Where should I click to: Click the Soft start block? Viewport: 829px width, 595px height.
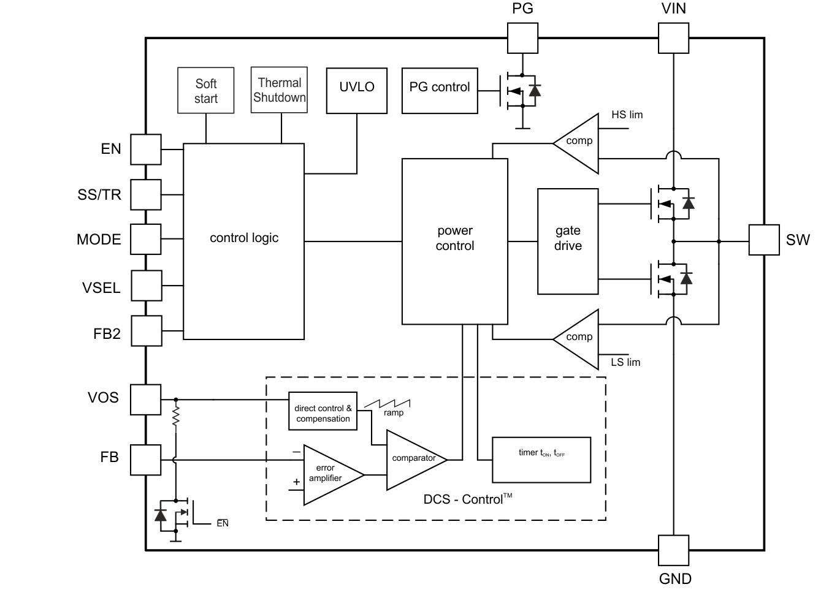point(205,90)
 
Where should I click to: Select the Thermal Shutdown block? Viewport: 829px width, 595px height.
point(279,90)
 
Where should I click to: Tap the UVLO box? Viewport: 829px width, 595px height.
point(356,90)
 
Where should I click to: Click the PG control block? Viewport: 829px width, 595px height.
point(439,90)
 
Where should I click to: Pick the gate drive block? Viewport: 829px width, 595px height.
point(567,241)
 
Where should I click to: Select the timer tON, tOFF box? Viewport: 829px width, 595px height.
point(541,460)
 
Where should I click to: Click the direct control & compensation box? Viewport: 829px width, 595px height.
point(323,411)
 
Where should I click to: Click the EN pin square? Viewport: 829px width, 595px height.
point(146,150)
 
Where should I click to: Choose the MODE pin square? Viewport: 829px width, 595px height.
point(146,240)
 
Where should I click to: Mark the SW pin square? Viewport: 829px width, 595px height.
point(764,240)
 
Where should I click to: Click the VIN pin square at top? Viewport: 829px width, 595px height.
point(673,38)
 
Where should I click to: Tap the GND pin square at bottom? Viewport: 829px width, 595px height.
point(673,550)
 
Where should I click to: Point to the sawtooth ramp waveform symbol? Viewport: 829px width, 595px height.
point(388,404)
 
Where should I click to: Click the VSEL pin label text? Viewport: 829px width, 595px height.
point(101,288)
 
